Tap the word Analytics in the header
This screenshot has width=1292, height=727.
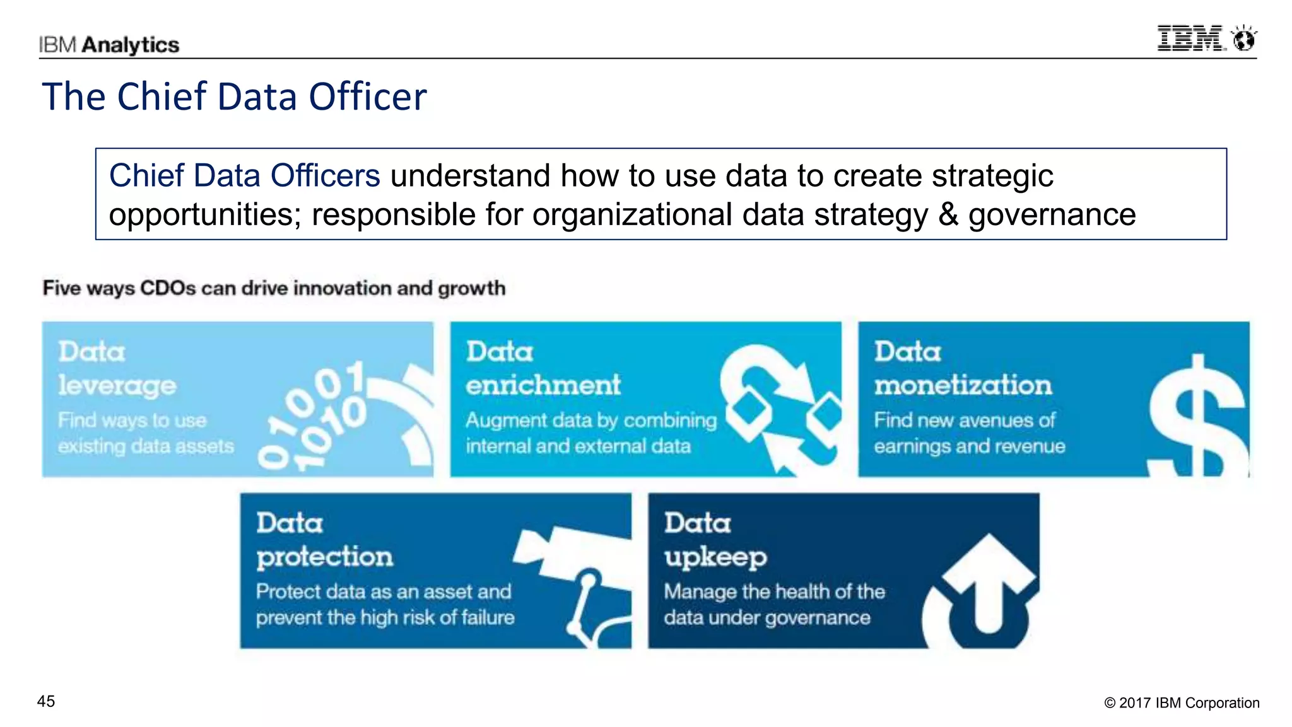pyautogui.click(x=131, y=45)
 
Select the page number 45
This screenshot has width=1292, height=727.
pyautogui.click(x=46, y=701)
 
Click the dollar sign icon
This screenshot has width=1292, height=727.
pyautogui.click(x=1197, y=416)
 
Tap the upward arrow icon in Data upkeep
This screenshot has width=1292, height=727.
pyautogui.click(x=987, y=586)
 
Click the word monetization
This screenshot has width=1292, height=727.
pyautogui.click(x=963, y=385)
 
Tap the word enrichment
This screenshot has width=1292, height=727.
pyautogui.click(x=543, y=385)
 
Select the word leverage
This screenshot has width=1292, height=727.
pyautogui.click(x=117, y=386)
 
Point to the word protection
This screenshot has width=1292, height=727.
pyautogui.click(x=324, y=557)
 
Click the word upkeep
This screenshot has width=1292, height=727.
pyautogui.click(x=715, y=557)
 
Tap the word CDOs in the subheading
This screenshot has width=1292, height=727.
pyautogui.click(x=168, y=288)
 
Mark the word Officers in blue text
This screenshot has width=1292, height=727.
pyautogui.click(x=325, y=175)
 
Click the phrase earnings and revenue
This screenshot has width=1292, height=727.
pyautogui.click(x=969, y=446)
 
